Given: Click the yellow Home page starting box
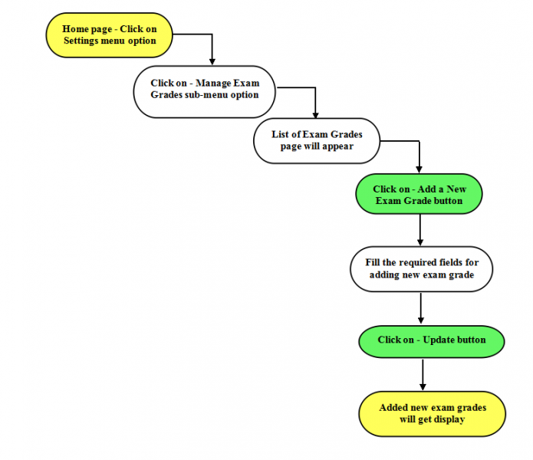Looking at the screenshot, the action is click(x=109, y=35).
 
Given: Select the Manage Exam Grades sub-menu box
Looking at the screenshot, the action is click(x=204, y=92).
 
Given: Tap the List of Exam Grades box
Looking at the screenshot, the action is click(x=317, y=140).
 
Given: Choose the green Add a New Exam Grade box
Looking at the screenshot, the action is click(x=419, y=194).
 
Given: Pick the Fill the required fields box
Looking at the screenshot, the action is click(x=422, y=269).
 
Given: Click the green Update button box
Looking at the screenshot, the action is click(x=432, y=341).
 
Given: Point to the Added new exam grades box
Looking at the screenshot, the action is click(x=433, y=413).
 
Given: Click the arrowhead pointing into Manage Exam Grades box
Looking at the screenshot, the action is click(x=212, y=61).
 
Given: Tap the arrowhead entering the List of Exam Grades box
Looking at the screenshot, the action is click(x=315, y=115).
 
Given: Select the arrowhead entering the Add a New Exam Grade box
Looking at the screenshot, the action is click(x=419, y=169).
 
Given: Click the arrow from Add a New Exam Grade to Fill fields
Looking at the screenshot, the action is click(x=420, y=230).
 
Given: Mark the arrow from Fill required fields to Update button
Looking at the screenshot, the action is click(x=421, y=308).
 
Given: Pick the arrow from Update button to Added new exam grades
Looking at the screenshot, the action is click(x=423, y=375).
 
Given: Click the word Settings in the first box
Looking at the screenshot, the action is click(x=81, y=41).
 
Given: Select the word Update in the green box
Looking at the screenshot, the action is click(x=438, y=340).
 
